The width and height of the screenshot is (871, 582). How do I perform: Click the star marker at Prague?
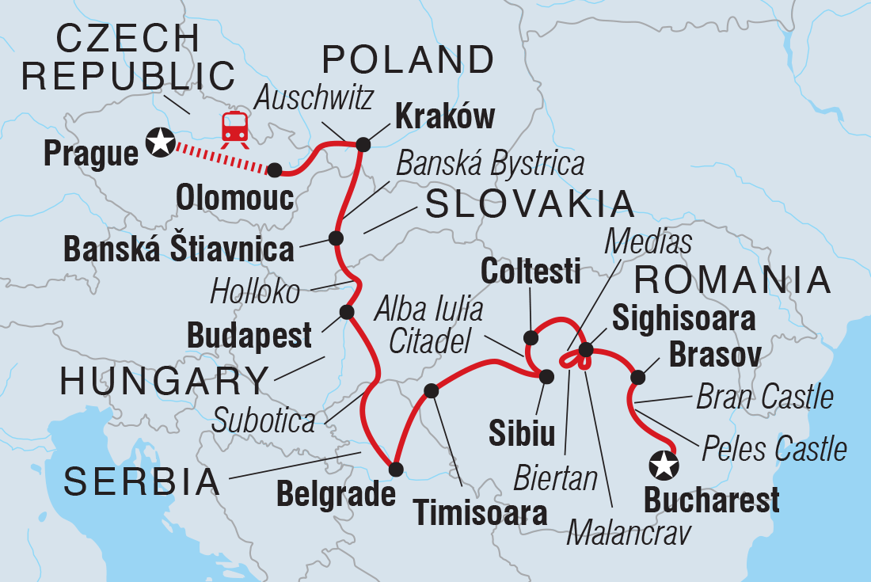[x=161, y=143]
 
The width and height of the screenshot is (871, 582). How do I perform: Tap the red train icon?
[x=234, y=127]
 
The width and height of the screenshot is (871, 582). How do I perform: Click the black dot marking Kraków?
[x=363, y=144]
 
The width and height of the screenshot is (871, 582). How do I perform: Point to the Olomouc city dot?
[x=274, y=169]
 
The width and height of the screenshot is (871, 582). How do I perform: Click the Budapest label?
[x=249, y=336]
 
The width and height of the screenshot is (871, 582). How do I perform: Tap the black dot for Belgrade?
[x=397, y=469]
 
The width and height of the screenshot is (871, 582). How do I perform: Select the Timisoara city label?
[x=481, y=513]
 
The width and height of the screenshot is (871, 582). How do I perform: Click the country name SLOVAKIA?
[x=530, y=204]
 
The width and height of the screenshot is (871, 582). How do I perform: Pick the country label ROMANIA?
[x=732, y=280]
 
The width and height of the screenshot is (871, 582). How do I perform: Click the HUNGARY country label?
[x=165, y=382]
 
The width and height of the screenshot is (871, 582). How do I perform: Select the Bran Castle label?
[x=765, y=397]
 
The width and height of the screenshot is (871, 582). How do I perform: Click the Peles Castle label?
[x=774, y=450]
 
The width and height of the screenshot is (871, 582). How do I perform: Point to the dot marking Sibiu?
[x=546, y=375]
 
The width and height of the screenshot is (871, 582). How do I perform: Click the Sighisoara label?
[x=683, y=320]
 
